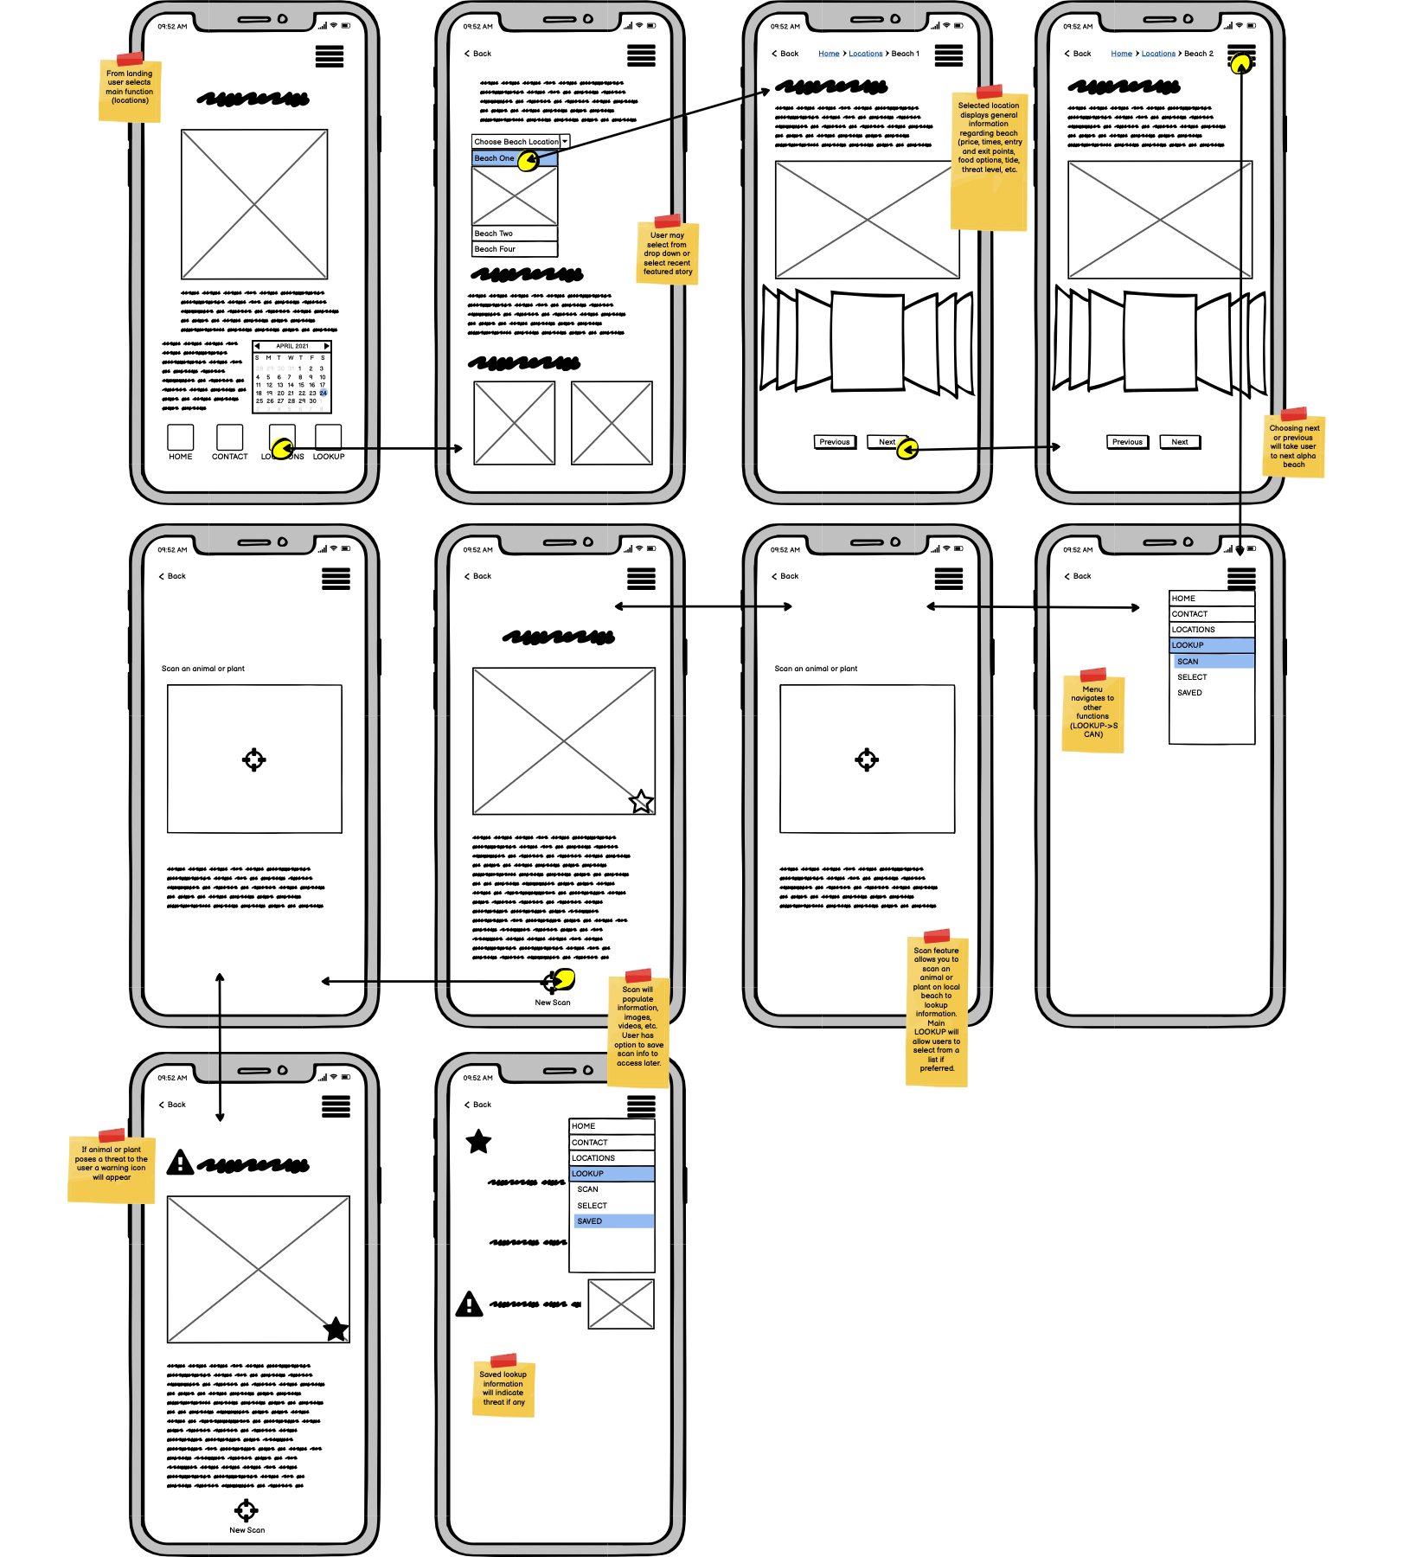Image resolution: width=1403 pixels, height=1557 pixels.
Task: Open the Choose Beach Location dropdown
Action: tap(520, 141)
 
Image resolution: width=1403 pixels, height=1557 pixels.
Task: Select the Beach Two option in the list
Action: tap(514, 234)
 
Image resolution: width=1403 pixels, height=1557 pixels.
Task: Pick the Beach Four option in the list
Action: tap(514, 249)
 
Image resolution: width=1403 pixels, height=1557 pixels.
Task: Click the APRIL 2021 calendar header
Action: tap(292, 346)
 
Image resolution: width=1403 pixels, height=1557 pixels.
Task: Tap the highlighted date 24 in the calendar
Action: tap(323, 393)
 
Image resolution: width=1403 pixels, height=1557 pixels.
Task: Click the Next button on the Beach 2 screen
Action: tap(1179, 442)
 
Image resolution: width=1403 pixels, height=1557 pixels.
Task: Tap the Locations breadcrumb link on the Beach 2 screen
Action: tap(1158, 54)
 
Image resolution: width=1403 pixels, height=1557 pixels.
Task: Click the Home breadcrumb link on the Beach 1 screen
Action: tap(829, 54)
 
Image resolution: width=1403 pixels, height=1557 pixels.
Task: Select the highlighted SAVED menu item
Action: tap(612, 1221)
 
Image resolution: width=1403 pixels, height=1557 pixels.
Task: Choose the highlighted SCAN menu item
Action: tap(1211, 662)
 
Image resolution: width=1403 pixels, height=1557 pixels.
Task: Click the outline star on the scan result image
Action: tap(641, 802)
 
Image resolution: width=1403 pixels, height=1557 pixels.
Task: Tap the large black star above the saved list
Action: tap(478, 1142)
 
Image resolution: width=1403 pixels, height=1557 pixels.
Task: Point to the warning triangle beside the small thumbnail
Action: tap(469, 1304)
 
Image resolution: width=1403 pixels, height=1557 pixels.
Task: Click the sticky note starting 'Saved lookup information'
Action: tap(503, 1388)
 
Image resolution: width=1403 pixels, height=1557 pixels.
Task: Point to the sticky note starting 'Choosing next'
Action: tap(1294, 445)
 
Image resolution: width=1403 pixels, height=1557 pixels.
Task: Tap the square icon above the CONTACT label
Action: tap(230, 437)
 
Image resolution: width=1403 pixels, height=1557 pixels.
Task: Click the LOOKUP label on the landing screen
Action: tap(329, 457)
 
